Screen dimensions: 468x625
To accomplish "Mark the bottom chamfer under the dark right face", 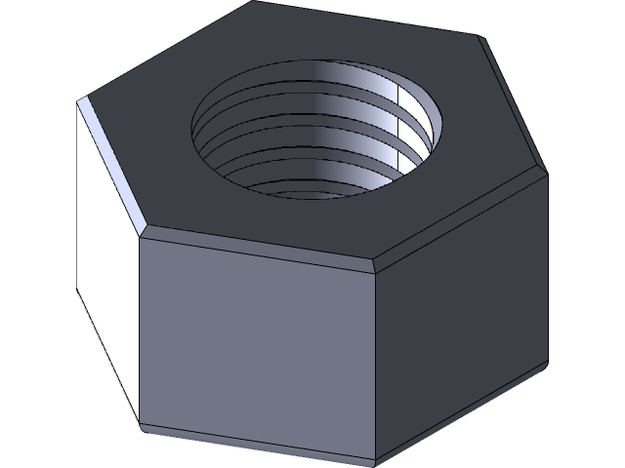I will click(x=459, y=409).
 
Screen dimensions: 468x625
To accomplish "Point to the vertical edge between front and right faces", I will click(x=376, y=361).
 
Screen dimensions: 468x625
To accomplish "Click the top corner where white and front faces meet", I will click(x=141, y=234).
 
